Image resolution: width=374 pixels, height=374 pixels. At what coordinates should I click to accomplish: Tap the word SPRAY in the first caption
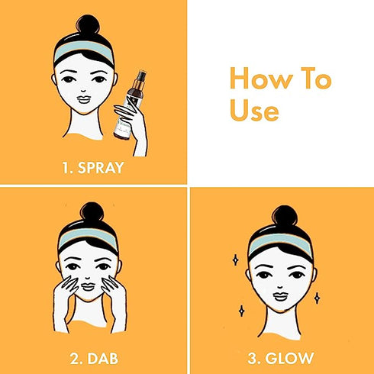pyautogui.click(x=102, y=166)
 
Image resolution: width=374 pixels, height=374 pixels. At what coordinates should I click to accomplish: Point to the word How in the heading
pyautogui.click(x=252, y=79)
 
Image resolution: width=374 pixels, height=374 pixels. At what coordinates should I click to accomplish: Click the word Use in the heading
pyautogui.click(x=254, y=111)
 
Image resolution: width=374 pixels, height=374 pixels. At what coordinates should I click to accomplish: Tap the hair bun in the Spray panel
pyautogui.click(x=90, y=26)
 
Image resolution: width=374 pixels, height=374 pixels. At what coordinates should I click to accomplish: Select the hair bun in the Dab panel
pyautogui.click(x=90, y=214)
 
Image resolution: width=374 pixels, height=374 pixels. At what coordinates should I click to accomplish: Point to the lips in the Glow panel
pyautogui.click(x=279, y=296)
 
